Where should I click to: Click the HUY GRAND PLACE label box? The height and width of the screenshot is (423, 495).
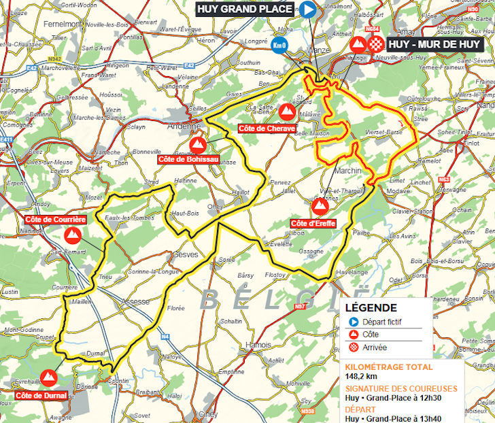[245, 10]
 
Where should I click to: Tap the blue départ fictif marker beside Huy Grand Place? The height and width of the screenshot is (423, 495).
[308, 10]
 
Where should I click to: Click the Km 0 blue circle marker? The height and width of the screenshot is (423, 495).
[279, 46]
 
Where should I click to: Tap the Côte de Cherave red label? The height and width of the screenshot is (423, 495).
[267, 128]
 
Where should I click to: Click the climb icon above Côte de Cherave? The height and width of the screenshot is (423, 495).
[287, 111]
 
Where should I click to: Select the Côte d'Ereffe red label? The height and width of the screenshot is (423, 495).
[313, 224]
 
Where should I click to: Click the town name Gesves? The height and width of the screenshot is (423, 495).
[185, 254]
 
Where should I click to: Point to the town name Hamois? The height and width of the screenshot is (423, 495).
[259, 345]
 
